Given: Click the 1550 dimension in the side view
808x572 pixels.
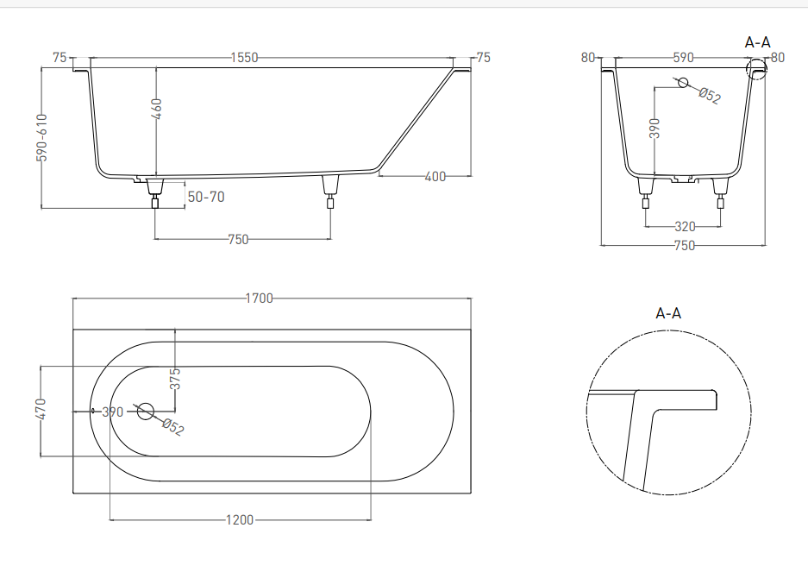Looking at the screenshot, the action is pos(244,57).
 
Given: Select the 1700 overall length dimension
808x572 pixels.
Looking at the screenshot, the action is pos(259,299).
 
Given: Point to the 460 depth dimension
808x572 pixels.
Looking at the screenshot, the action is pos(157,109).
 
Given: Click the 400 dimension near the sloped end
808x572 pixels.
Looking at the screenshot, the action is pos(435,176).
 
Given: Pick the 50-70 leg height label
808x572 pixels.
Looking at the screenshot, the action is pos(206,197).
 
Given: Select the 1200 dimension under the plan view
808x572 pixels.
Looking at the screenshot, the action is pos(240,520).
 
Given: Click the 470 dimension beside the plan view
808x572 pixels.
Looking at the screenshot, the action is pos(41,409).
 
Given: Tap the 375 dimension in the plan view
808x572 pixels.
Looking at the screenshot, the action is pos(175,379).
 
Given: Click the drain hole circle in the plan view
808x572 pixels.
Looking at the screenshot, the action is pos(146,411).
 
